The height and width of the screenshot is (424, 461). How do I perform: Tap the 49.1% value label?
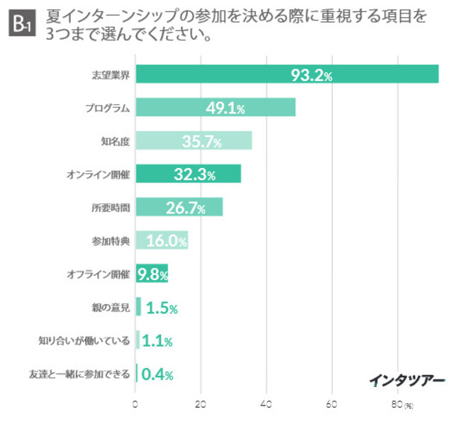[x=226, y=108]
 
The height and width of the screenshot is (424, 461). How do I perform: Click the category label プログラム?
[x=107, y=108]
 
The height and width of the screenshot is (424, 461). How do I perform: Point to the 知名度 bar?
[x=194, y=140]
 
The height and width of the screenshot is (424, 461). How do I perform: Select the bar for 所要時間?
[x=179, y=207]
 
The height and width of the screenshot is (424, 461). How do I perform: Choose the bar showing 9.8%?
[x=152, y=274]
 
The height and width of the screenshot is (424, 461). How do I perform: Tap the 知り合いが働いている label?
[x=84, y=340]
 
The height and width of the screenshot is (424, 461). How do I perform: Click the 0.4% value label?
[x=157, y=374]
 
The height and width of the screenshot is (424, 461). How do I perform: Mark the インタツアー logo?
[x=407, y=381]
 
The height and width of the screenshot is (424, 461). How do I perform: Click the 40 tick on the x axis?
[x=267, y=406]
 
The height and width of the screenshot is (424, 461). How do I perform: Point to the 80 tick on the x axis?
[x=396, y=406]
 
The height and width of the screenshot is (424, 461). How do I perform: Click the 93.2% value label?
[x=311, y=74]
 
